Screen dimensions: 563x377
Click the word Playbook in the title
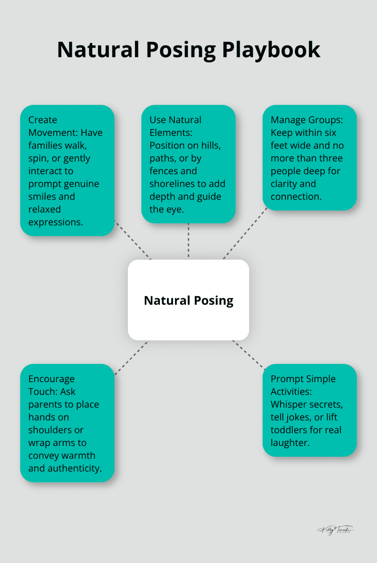(x=271, y=50)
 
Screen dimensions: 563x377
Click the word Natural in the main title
(x=98, y=50)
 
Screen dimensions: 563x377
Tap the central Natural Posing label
(x=188, y=301)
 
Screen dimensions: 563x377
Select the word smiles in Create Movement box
(x=41, y=196)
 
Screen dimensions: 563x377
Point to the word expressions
(x=55, y=222)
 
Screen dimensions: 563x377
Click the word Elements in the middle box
(x=171, y=133)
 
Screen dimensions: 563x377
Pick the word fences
(x=163, y=171)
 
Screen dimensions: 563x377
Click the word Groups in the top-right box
(x=326, y=120)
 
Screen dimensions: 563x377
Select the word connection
(x=296, y=196)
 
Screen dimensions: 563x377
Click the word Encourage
(x=51, y=379)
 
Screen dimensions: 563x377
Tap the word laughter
(x=290, y=443)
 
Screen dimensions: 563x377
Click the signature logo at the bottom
(x=335, y=530)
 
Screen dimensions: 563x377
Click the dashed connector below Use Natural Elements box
(x=188, y=241)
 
